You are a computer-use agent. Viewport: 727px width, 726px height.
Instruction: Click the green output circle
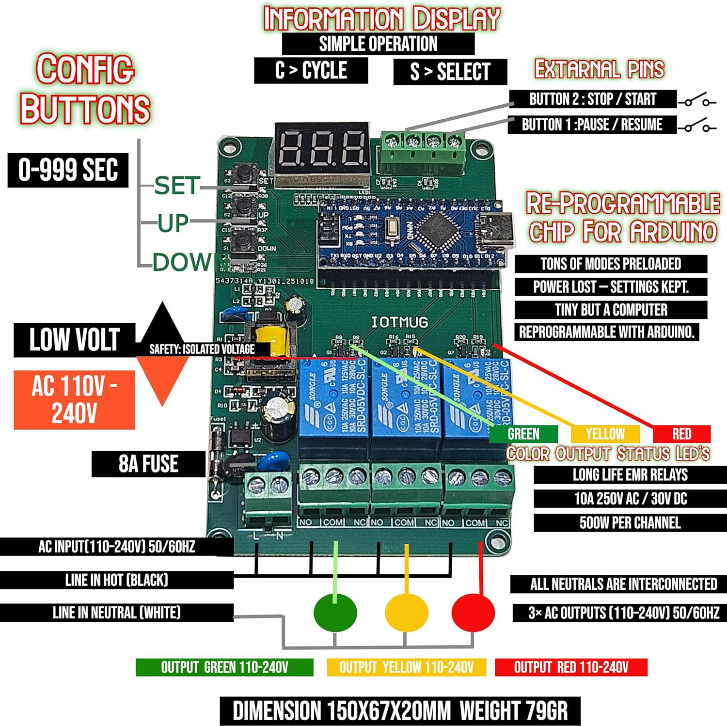tap(335, 612)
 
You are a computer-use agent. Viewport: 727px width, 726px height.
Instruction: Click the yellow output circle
tap(406, 612)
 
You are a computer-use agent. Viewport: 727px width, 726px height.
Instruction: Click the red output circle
tap(473, 612)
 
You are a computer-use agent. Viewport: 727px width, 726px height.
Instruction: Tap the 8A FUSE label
tap(148, 464)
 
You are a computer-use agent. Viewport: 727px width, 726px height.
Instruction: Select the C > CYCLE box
tap(311, 70)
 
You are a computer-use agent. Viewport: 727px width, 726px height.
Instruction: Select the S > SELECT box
tap(450, 72)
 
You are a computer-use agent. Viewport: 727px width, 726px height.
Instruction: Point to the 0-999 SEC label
tap(68, 170)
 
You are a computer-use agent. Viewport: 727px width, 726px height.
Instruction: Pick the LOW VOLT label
tap(74, 340)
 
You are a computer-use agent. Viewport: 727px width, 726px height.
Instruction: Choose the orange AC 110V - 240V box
tap(74, 400)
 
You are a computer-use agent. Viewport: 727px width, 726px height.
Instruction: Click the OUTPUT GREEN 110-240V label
tap(224, 667)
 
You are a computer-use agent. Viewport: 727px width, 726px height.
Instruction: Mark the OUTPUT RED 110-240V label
tap(571, 667)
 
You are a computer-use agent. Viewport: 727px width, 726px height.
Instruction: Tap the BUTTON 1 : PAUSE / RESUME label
tap(591, 125)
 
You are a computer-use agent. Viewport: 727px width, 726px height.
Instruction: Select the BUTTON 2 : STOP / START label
tap(592, 99)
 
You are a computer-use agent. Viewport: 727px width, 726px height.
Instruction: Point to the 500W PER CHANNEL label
tap(630, 523)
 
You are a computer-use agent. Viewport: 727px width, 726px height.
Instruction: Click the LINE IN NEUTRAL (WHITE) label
tap(116, 613)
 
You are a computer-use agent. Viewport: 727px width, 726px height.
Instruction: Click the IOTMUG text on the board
tap(399, 322)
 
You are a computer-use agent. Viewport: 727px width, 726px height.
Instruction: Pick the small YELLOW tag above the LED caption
tap(605, 434)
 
